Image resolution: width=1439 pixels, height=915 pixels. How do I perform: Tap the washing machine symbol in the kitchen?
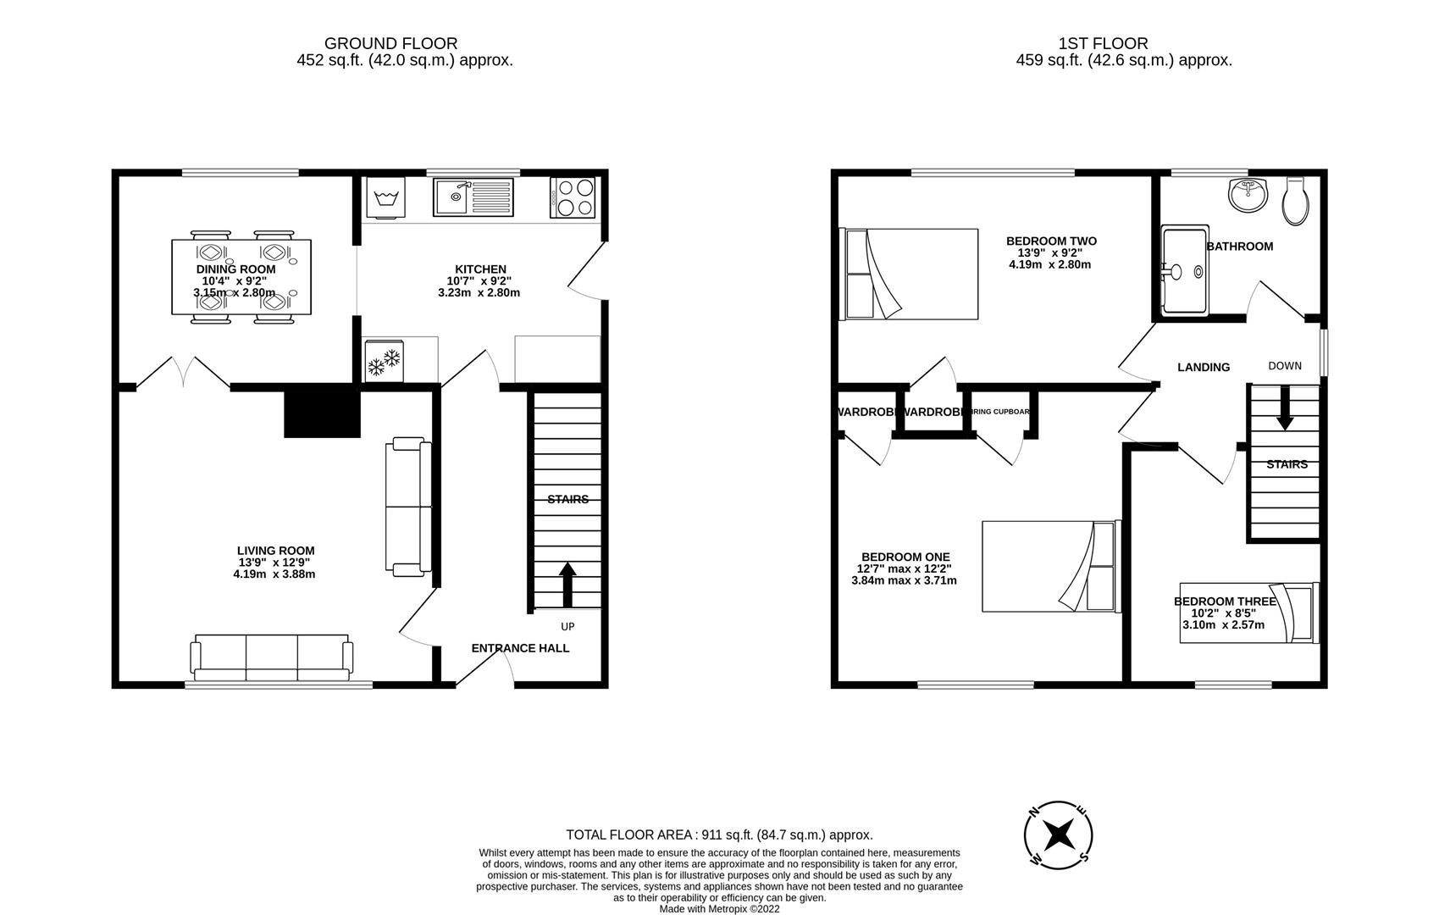point(385,198)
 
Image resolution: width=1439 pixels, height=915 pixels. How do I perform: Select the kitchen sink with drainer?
point(473,198)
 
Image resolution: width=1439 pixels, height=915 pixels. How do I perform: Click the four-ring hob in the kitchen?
point(573,198)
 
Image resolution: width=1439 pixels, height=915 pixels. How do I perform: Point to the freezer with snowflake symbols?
point(384,359)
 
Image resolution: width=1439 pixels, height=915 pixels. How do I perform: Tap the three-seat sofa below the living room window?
point(271,657)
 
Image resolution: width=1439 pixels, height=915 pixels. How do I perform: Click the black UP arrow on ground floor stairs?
point(567,585)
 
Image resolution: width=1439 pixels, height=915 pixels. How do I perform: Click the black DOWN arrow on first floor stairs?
point(1285,409)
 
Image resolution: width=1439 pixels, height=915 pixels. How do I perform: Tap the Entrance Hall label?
point(520,648)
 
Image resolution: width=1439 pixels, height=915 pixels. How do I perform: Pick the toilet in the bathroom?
point(1296,201)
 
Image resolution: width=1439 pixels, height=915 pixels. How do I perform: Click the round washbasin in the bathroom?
point(1247,196)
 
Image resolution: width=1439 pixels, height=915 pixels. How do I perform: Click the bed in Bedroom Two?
point(909,274)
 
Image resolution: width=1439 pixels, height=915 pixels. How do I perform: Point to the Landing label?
point(1204,367)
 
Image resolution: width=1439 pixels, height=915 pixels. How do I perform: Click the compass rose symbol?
point(1058,835)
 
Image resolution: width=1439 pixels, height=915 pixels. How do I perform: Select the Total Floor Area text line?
point(719,835)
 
